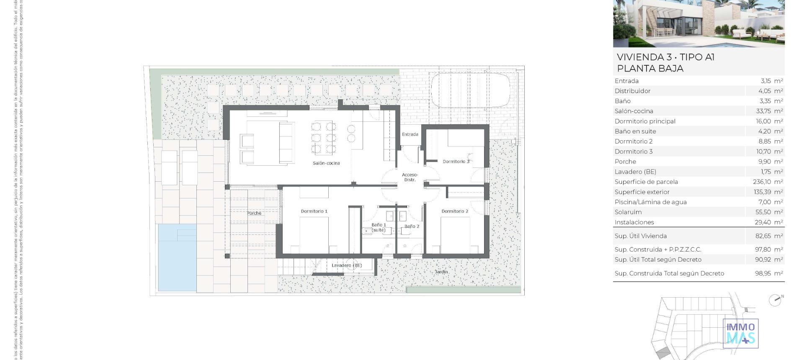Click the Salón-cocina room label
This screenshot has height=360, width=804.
[x=326, y=163]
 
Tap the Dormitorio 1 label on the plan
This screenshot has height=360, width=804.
[x=314, y=211]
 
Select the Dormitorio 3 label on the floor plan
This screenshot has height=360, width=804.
[x=456, y=162]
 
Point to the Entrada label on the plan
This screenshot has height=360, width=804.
[x=410, y=134]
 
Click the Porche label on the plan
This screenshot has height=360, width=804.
[x=254, y=213]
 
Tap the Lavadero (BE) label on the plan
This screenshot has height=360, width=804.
[x=347, y=265]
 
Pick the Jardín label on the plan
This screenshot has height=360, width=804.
[x=441, y=272]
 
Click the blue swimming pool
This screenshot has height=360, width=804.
[x=177, y=257]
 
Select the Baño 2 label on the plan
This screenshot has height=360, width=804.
[x=412, y=226]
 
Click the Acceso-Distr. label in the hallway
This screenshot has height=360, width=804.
[x=410, y=177]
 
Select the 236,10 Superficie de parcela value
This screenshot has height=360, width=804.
[x=762, y=182]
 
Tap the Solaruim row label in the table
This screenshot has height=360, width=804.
[x=628, y=212]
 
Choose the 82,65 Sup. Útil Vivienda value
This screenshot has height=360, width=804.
[x=763, y=236]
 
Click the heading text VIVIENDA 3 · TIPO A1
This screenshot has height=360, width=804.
[x=665, y=57]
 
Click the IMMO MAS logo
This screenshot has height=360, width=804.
[x=741, y=333]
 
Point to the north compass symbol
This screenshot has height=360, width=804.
[x=776, y=300]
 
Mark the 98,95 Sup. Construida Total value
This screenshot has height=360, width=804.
[x=763, y=273]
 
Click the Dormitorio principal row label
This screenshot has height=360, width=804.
[x=645, y=121]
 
